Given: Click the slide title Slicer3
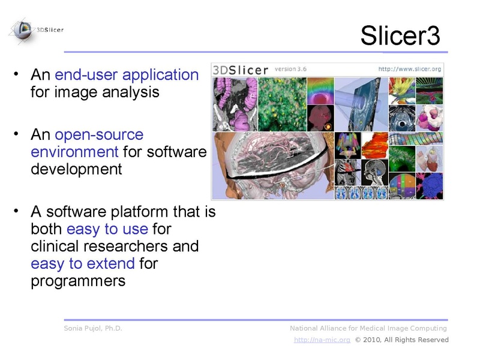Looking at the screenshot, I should tap(400, 37).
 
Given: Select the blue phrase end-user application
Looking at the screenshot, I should tap(127, 75).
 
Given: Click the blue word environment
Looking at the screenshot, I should tap(74, 151).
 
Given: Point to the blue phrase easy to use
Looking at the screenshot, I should tap(108, 229).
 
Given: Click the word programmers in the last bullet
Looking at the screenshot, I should tap(78, 280).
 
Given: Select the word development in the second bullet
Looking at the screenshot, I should tap(76, 169).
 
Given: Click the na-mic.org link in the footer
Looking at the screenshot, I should tap(322, 340).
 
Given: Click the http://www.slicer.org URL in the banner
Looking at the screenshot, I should tap(409, 70).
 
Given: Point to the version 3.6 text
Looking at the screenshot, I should tap(290, 69).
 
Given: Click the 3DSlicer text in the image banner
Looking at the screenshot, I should tap(241, 70).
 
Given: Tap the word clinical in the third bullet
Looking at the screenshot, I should tap(53, 246).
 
